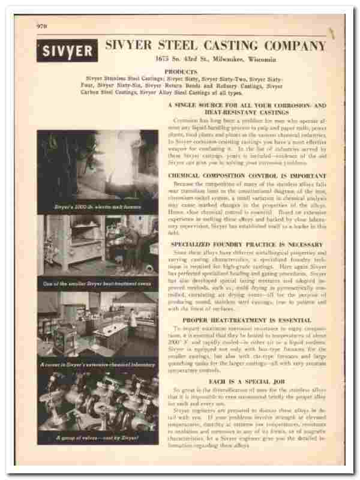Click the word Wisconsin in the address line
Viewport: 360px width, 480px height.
[259, 60]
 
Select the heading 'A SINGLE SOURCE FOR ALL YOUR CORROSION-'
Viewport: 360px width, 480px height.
[246, 104]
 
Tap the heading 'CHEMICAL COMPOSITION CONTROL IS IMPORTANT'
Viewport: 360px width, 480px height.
[246, 175]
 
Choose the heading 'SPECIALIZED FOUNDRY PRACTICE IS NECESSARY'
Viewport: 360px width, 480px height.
[247, 244]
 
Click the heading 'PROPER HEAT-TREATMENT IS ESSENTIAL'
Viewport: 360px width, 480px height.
[247, 321]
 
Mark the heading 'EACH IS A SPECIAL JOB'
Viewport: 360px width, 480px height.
[247, 382]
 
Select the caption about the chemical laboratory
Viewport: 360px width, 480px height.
[97, 364]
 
